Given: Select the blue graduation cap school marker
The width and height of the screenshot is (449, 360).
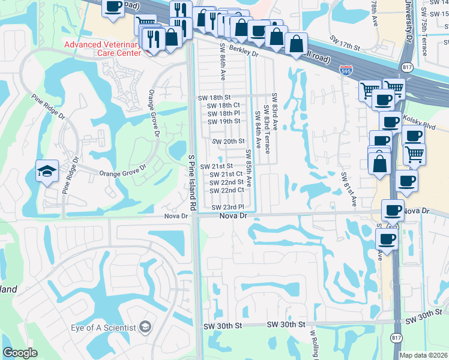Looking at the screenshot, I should (47, 172).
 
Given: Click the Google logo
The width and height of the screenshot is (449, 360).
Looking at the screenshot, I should (20, 353).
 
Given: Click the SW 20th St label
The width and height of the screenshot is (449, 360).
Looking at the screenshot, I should (229, 141).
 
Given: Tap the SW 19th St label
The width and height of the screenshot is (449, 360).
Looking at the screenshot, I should (223, 121).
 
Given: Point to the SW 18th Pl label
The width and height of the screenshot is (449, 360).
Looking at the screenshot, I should (223, 113).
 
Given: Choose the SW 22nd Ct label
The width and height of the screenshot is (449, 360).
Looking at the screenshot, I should (227, 190).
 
